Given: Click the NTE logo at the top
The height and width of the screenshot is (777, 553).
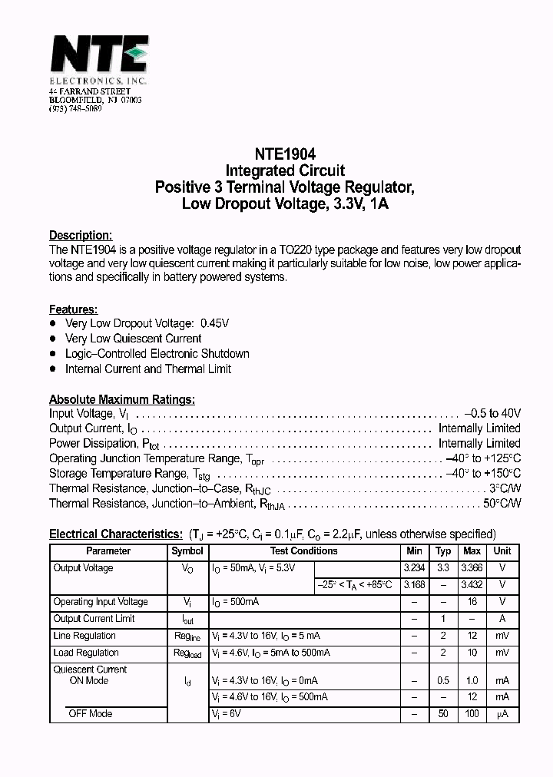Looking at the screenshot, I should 98,55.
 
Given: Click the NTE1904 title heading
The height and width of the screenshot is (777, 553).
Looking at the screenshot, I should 285,154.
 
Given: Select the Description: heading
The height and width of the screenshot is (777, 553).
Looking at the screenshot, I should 81,236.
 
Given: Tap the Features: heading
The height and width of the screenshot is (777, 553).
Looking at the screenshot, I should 73,309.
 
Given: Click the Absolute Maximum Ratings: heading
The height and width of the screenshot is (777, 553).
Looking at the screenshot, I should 121,399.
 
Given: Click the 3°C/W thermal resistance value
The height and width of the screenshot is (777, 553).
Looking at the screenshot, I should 505,488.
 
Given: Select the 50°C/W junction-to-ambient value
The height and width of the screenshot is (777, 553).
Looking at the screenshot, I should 502,504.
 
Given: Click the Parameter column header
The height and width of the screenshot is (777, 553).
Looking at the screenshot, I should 108,551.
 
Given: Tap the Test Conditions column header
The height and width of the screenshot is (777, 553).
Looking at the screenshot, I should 303,551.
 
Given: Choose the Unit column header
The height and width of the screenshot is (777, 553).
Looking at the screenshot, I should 502,551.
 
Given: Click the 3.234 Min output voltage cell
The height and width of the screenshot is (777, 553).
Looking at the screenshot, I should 414,568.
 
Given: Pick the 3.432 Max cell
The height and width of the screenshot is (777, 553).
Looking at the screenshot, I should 472,585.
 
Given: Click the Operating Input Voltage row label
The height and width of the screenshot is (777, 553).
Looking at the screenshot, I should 100,602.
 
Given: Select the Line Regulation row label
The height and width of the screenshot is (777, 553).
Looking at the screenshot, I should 84,636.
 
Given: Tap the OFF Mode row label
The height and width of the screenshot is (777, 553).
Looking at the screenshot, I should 91,714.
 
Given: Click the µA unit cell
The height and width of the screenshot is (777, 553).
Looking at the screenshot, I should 502,714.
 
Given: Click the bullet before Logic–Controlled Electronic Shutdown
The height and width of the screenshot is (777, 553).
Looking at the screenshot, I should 54,354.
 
